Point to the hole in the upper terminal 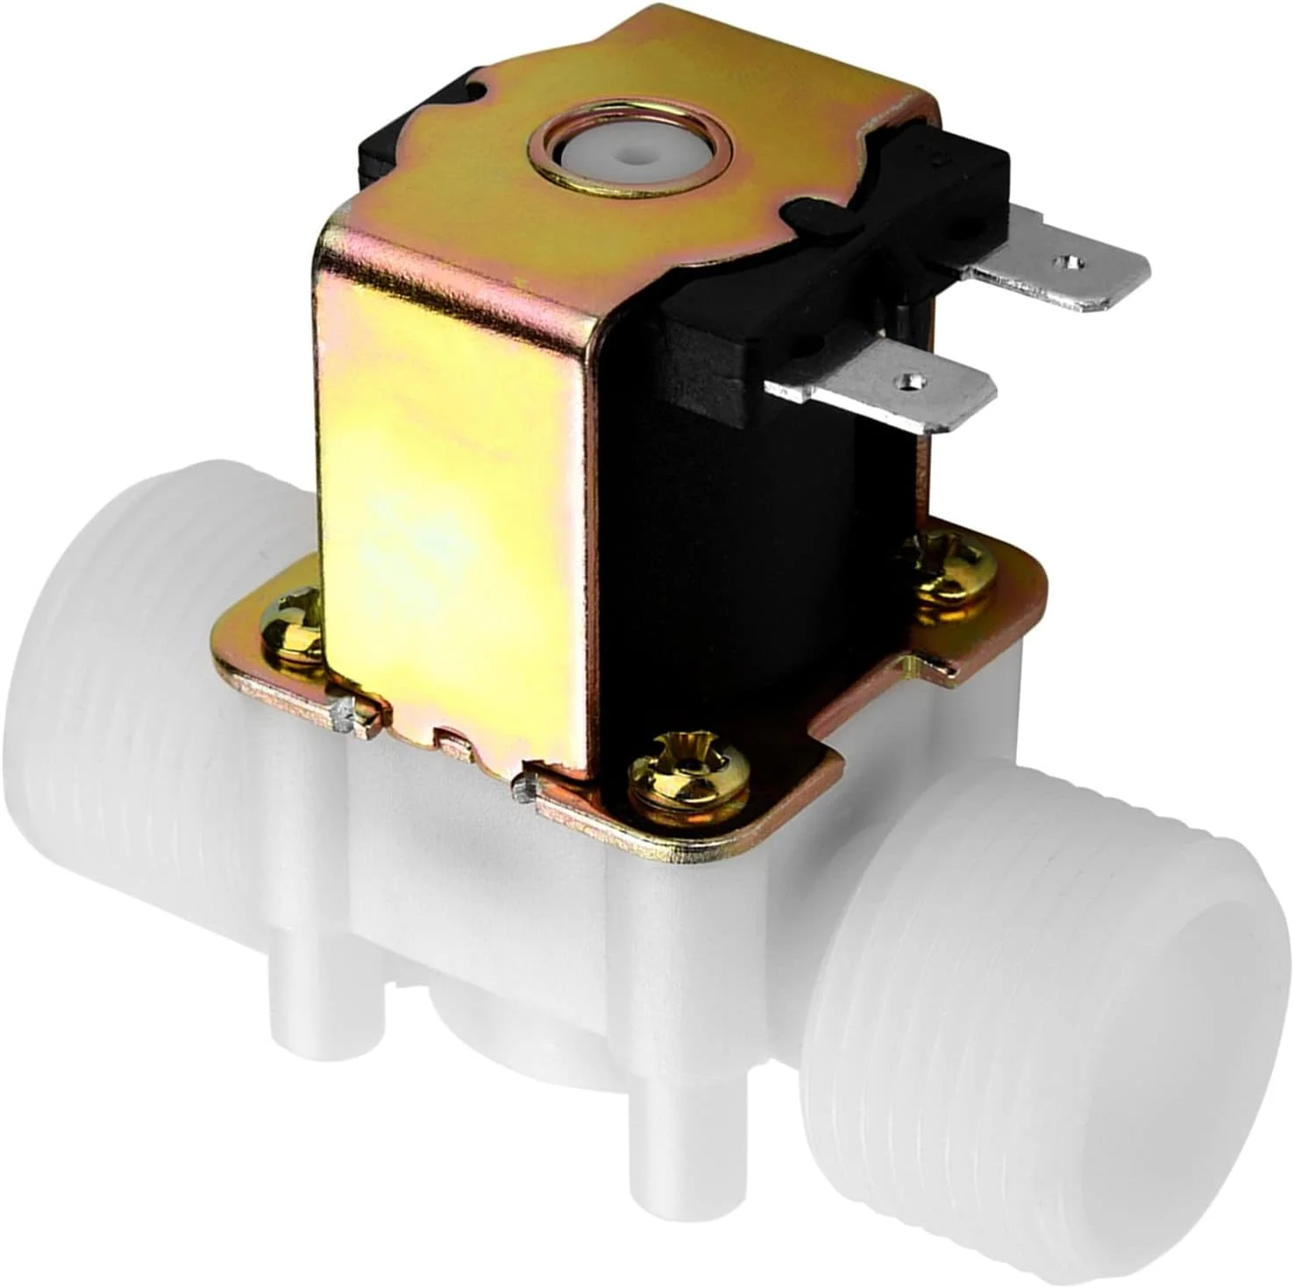1067,260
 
